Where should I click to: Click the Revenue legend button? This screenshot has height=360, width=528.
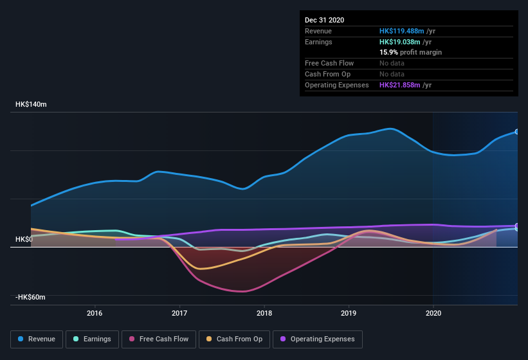[x=37, y=339]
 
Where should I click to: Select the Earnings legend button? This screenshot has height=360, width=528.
[x=92, y=339]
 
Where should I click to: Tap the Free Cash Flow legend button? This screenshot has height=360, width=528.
[x=159, y=339]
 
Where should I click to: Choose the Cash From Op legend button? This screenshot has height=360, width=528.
[x=234, y=339]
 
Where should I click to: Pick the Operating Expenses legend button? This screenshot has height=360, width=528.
[x=317, y=339]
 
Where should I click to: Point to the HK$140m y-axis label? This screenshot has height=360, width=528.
[x=32, y=104]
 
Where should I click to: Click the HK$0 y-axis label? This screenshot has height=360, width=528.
[x=24, y=239]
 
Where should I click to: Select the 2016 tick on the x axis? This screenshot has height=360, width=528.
[x=95, y=314]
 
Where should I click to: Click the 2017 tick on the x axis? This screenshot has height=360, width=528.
[x=179, y=314]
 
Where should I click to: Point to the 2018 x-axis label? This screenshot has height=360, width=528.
[x=264, y=314]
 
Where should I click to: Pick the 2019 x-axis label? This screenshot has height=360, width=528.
[x=349, y=314]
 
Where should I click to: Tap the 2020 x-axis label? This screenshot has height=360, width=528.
[x=433, y=314]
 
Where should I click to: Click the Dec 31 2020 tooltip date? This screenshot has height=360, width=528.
[x=324, y=20]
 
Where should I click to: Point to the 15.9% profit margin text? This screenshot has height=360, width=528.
[x=410, y=52]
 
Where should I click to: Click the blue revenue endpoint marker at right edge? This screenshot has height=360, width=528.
[x=516, y=131]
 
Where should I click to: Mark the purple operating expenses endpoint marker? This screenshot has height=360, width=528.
[x=516, y=226]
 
